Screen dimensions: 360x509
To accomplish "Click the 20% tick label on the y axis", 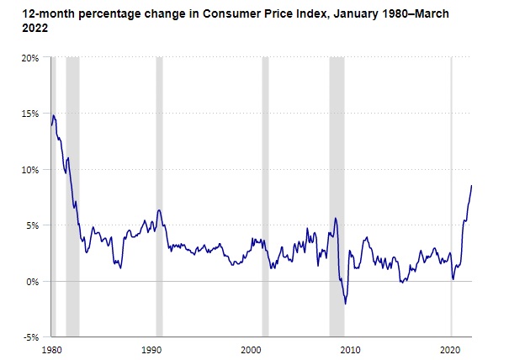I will pyautogui.click(x=31, y=57).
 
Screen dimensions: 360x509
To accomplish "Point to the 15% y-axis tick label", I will pyautogui.click(x=31, y=114).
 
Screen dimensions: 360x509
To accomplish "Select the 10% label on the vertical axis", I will pyautogui.click(x=31, y=169).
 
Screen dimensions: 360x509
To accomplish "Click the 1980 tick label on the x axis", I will pyautogui.click(x=52, y=348).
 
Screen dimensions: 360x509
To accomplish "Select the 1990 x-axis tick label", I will pyautogui.click(x=151, y=348).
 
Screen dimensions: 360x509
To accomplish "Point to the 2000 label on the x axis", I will pyautogui.click(x=252, y=348).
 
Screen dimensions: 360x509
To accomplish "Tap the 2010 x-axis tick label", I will pyautogui.click(x=351, y=348).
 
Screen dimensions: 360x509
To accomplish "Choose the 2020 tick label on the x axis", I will pyautogui.click(x=451, y=348).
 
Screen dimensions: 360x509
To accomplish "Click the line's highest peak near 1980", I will pyautogui.click(x=53, y=115).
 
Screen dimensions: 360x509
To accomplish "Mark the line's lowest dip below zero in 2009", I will pyautogui.click(x=346, y=304).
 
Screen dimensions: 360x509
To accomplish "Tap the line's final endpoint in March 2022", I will pyautogui.click(x=472, y=186).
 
